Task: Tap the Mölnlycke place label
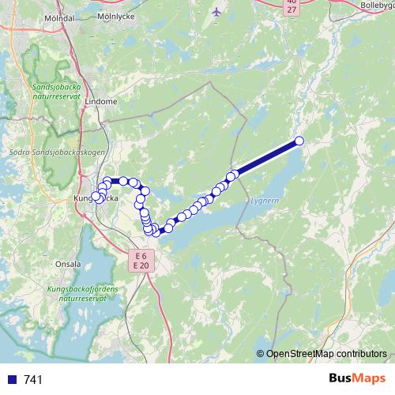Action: tap(115, 15)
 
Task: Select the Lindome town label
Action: tap(100, 102)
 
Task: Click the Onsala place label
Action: tap(67, 265)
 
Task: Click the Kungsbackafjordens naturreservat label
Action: tap(83, 294)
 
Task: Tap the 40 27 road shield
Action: tap(292, 6)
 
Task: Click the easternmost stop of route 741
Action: tap(299, 141)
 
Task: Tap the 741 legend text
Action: tap(34, 380)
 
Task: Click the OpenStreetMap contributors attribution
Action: tap(325, 355)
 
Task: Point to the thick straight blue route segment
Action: tap(267, 157)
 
